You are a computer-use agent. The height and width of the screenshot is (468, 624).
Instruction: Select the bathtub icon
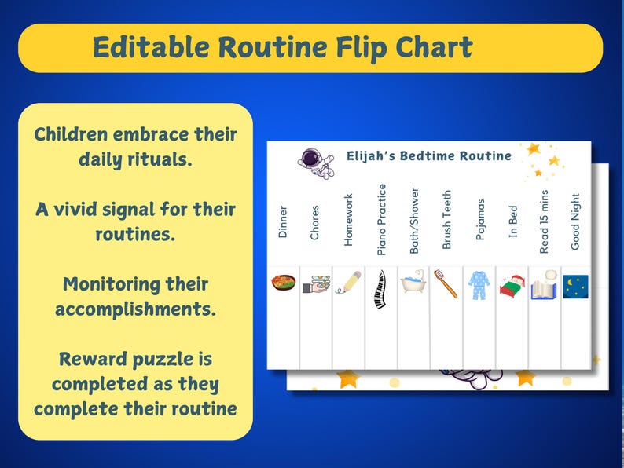(413, 283)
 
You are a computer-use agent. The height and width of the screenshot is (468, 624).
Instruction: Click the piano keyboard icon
(381, 289)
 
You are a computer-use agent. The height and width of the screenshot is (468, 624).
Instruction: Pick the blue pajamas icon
(479, 284)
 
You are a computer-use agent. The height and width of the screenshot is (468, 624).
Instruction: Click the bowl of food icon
(284, 283)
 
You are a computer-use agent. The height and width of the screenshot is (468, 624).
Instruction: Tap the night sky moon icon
(575, 287)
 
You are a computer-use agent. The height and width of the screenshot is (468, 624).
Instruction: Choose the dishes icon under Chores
(315, 283)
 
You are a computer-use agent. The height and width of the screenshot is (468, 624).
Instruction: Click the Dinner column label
(283, 221)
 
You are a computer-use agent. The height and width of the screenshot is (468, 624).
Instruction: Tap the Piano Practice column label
(382, 219)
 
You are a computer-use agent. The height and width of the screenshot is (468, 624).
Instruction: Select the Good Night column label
(575, 221)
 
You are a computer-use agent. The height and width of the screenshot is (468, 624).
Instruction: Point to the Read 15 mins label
(544, 221)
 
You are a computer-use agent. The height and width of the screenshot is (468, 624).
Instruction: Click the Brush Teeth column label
(446, 220)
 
